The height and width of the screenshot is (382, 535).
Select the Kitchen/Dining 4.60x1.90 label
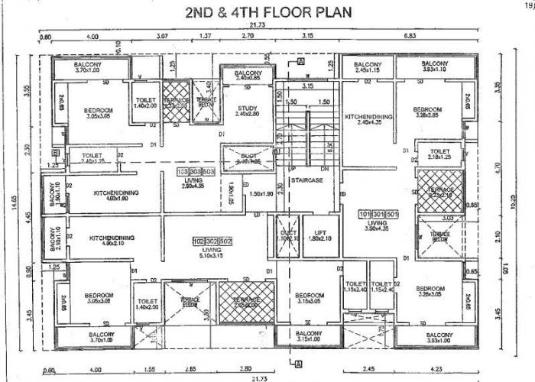(x=112, y=195)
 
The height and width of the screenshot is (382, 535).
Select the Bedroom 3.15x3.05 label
(x=311, y=299)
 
